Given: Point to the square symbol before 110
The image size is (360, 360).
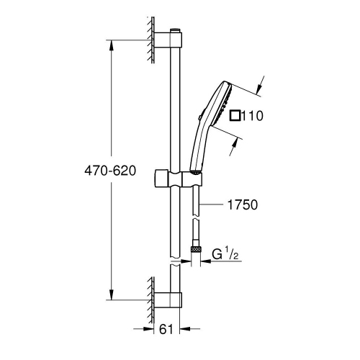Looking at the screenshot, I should (235, 115).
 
